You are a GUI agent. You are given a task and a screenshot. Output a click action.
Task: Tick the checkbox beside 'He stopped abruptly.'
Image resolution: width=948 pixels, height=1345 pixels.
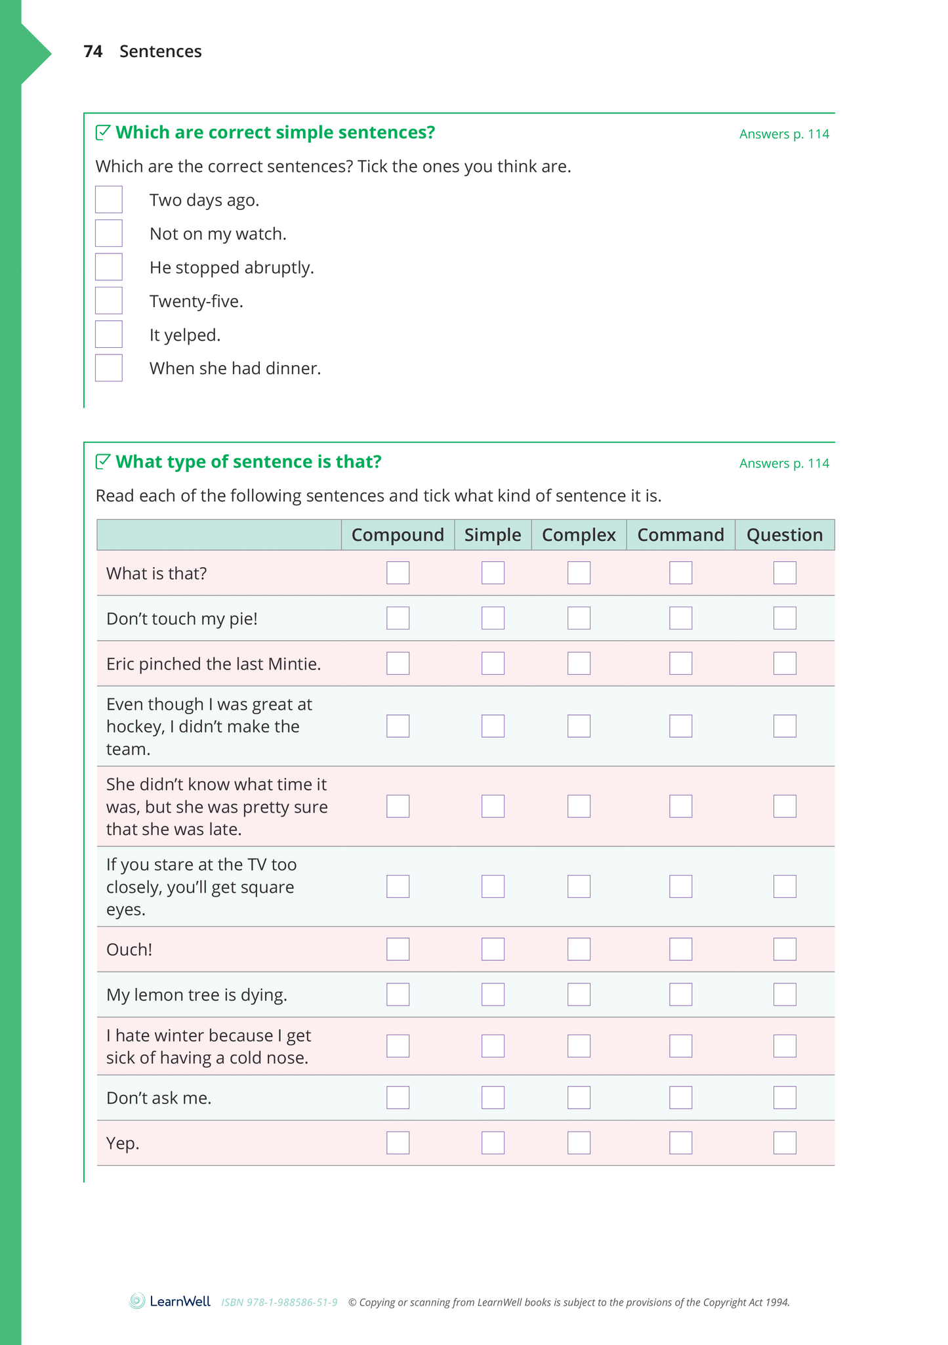[109, 267]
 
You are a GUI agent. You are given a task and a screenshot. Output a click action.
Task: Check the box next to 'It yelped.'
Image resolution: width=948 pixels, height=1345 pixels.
[109, 334]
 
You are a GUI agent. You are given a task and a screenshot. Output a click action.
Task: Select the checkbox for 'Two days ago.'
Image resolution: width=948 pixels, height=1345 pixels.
[109, 200]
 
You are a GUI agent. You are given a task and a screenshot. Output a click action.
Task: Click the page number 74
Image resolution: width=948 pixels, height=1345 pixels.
[93, 52]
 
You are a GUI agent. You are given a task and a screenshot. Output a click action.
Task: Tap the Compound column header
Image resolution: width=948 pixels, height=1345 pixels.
[398, 535]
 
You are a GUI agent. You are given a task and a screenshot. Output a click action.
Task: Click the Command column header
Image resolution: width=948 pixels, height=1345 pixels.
[680, 535]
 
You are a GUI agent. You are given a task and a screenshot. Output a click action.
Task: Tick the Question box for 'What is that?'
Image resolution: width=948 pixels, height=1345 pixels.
[785, 573]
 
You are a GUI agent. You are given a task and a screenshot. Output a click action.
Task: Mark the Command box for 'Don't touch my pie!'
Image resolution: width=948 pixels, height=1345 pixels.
[680, 618]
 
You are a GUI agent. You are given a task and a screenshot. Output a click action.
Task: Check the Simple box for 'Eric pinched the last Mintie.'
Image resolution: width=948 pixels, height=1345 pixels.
[493, 664]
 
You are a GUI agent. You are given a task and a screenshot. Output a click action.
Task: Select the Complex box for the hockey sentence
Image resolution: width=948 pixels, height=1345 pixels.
[579, 726]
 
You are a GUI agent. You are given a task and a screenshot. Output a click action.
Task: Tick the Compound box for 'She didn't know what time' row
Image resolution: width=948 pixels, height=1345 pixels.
[398, 806]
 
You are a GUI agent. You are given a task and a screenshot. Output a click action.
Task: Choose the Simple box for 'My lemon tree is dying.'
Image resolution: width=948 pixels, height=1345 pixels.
[493, 994]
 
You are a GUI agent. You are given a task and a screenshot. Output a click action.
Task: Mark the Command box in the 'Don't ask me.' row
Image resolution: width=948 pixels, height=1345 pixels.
[680, 1098]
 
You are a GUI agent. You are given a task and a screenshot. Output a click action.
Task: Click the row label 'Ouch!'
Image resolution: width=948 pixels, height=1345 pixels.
[129, 950]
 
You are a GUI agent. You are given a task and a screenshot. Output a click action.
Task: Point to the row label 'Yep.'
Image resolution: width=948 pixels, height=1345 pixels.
[123, 1143]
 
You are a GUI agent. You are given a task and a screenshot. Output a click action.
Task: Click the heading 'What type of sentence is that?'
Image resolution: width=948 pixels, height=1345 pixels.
[248, 462]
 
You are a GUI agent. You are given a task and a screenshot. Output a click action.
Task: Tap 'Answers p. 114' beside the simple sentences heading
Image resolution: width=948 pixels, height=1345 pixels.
[784, 135]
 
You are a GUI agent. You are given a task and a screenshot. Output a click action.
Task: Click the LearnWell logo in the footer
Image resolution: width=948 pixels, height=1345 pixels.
[170, 1302]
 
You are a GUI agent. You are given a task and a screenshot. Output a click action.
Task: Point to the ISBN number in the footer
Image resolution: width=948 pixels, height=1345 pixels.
[279, 1302]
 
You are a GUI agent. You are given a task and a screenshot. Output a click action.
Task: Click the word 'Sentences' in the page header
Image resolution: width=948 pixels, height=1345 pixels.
[161, 52]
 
